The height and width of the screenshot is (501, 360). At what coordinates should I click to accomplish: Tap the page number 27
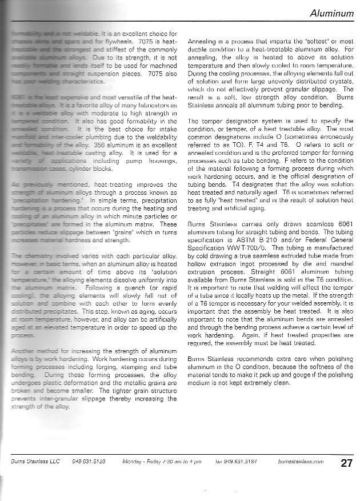(346, 463)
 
